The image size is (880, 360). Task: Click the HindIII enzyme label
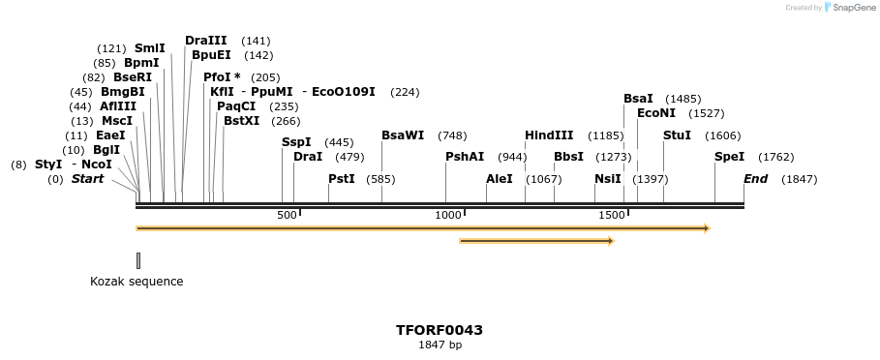click(549, 135)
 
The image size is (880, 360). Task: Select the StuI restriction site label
click(677, 135)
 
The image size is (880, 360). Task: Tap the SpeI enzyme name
click(729, 157)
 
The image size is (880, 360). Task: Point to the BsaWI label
click(403, 135)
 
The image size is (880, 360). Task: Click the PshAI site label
click(465, 157)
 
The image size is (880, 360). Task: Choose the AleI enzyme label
click(500, 179)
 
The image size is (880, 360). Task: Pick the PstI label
click(342, 179)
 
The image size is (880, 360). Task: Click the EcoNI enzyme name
click(656, 113)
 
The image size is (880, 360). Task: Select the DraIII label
click(206, 41)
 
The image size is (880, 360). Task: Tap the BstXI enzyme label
click(242, 121)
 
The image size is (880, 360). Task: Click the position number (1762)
click(775, 157)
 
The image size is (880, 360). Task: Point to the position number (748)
click(452, 135)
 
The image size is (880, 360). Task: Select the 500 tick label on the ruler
click(287, 215)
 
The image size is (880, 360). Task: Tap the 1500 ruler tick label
click(611, 215)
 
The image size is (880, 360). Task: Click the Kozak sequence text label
click(137, 282)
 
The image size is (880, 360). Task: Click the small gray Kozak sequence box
click(138, 260)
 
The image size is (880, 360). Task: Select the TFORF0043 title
click(440, 330)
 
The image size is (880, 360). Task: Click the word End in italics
click(755, 179)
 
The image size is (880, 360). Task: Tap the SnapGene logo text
click(850, 8)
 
